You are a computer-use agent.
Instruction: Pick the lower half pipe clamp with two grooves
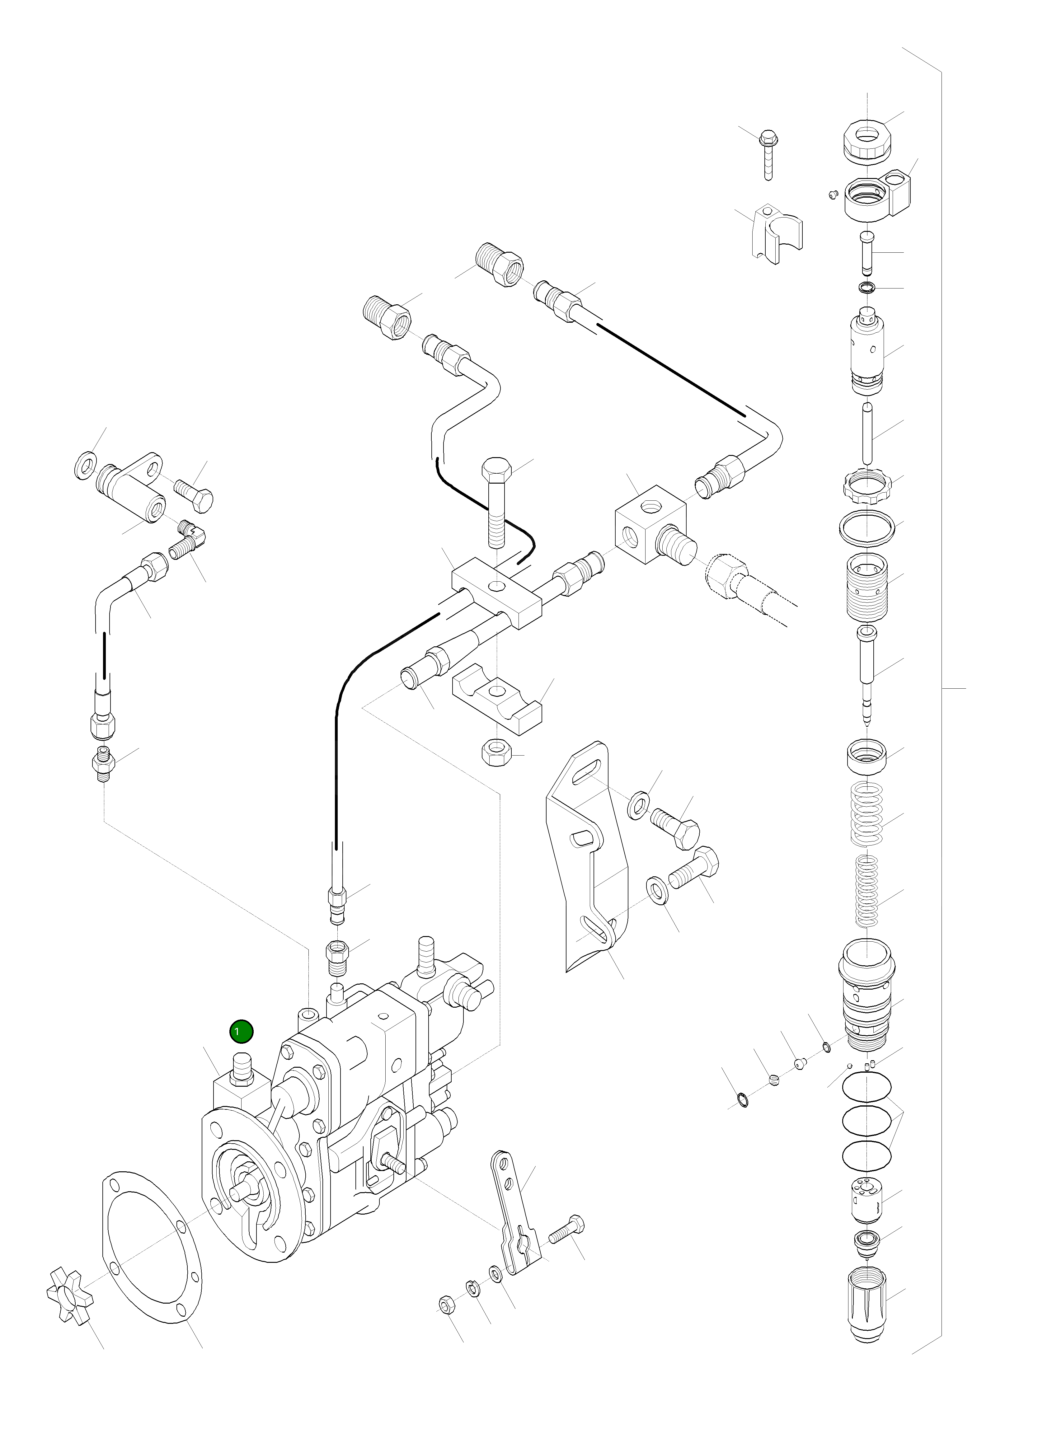(497, 699)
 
